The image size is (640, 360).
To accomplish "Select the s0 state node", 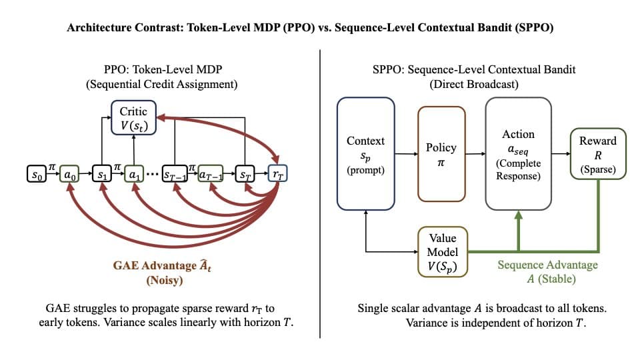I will coord(36,177).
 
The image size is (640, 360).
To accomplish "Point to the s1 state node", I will coord(102,177).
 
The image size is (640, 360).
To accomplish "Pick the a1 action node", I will coord(134,177).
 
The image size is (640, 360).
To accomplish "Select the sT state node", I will coord(245,177).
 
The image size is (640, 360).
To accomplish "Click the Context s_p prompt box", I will coord(365,150).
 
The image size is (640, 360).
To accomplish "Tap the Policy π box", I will coord(440,153).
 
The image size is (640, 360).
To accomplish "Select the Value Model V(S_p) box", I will coord(442,251).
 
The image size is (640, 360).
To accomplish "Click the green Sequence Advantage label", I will coord(547,265).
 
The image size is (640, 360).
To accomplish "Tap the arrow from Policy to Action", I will coord(475,154).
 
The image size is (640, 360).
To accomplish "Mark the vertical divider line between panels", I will coord(321,193).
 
